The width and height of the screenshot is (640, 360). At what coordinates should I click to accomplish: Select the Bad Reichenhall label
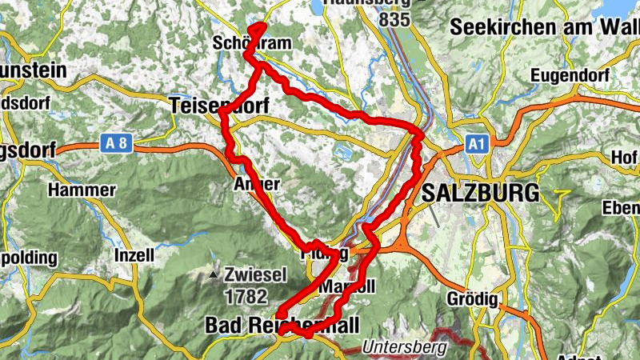282,324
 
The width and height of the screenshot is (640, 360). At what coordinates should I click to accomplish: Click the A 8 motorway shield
115,143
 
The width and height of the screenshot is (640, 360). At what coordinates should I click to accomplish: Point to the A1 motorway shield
477,143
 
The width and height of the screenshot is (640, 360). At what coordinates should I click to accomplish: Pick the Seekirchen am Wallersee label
544,27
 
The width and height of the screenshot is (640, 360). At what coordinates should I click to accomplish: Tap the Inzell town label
134,256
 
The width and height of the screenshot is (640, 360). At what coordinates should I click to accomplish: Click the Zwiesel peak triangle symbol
214,276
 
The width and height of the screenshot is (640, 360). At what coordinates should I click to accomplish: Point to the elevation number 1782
246,297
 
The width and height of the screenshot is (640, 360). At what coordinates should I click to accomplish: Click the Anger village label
256,184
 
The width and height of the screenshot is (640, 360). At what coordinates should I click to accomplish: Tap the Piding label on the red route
323,254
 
